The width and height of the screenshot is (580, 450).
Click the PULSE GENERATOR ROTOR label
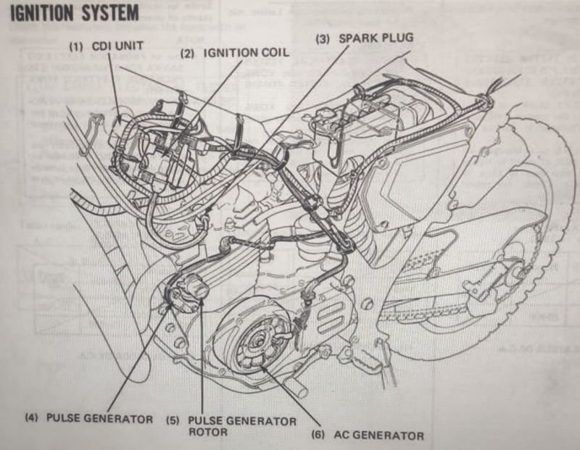(241, 426)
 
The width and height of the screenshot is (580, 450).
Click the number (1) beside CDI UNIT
(76, 46)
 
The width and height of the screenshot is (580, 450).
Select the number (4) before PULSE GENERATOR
(33, 420)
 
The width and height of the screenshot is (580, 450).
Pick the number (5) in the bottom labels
(172, 420)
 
